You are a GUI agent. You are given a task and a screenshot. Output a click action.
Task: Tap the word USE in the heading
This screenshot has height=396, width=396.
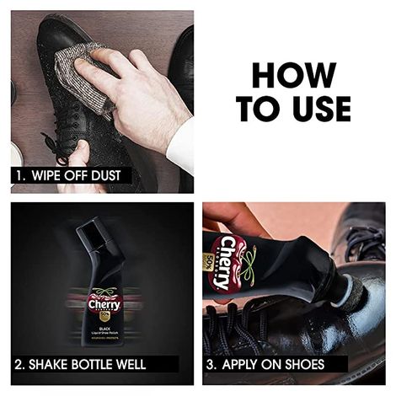[x=318, y=108]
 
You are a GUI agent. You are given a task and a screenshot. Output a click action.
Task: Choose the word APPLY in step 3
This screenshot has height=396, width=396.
[x=245, y=365]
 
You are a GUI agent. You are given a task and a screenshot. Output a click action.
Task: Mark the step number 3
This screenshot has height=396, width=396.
[x=212, y=365]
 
